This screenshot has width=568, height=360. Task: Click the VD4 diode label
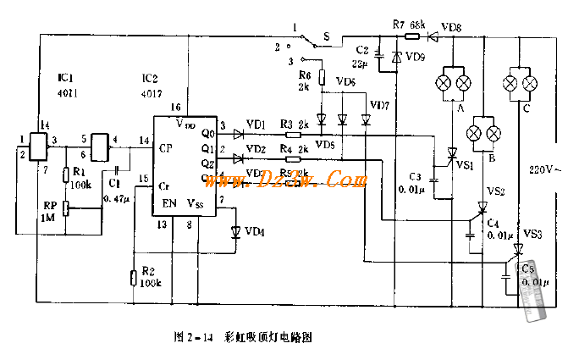(254, 231)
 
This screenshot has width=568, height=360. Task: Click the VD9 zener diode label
(416, 57)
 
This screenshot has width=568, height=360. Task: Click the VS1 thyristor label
(465, 166)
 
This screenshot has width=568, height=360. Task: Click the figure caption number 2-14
(200, 336)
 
